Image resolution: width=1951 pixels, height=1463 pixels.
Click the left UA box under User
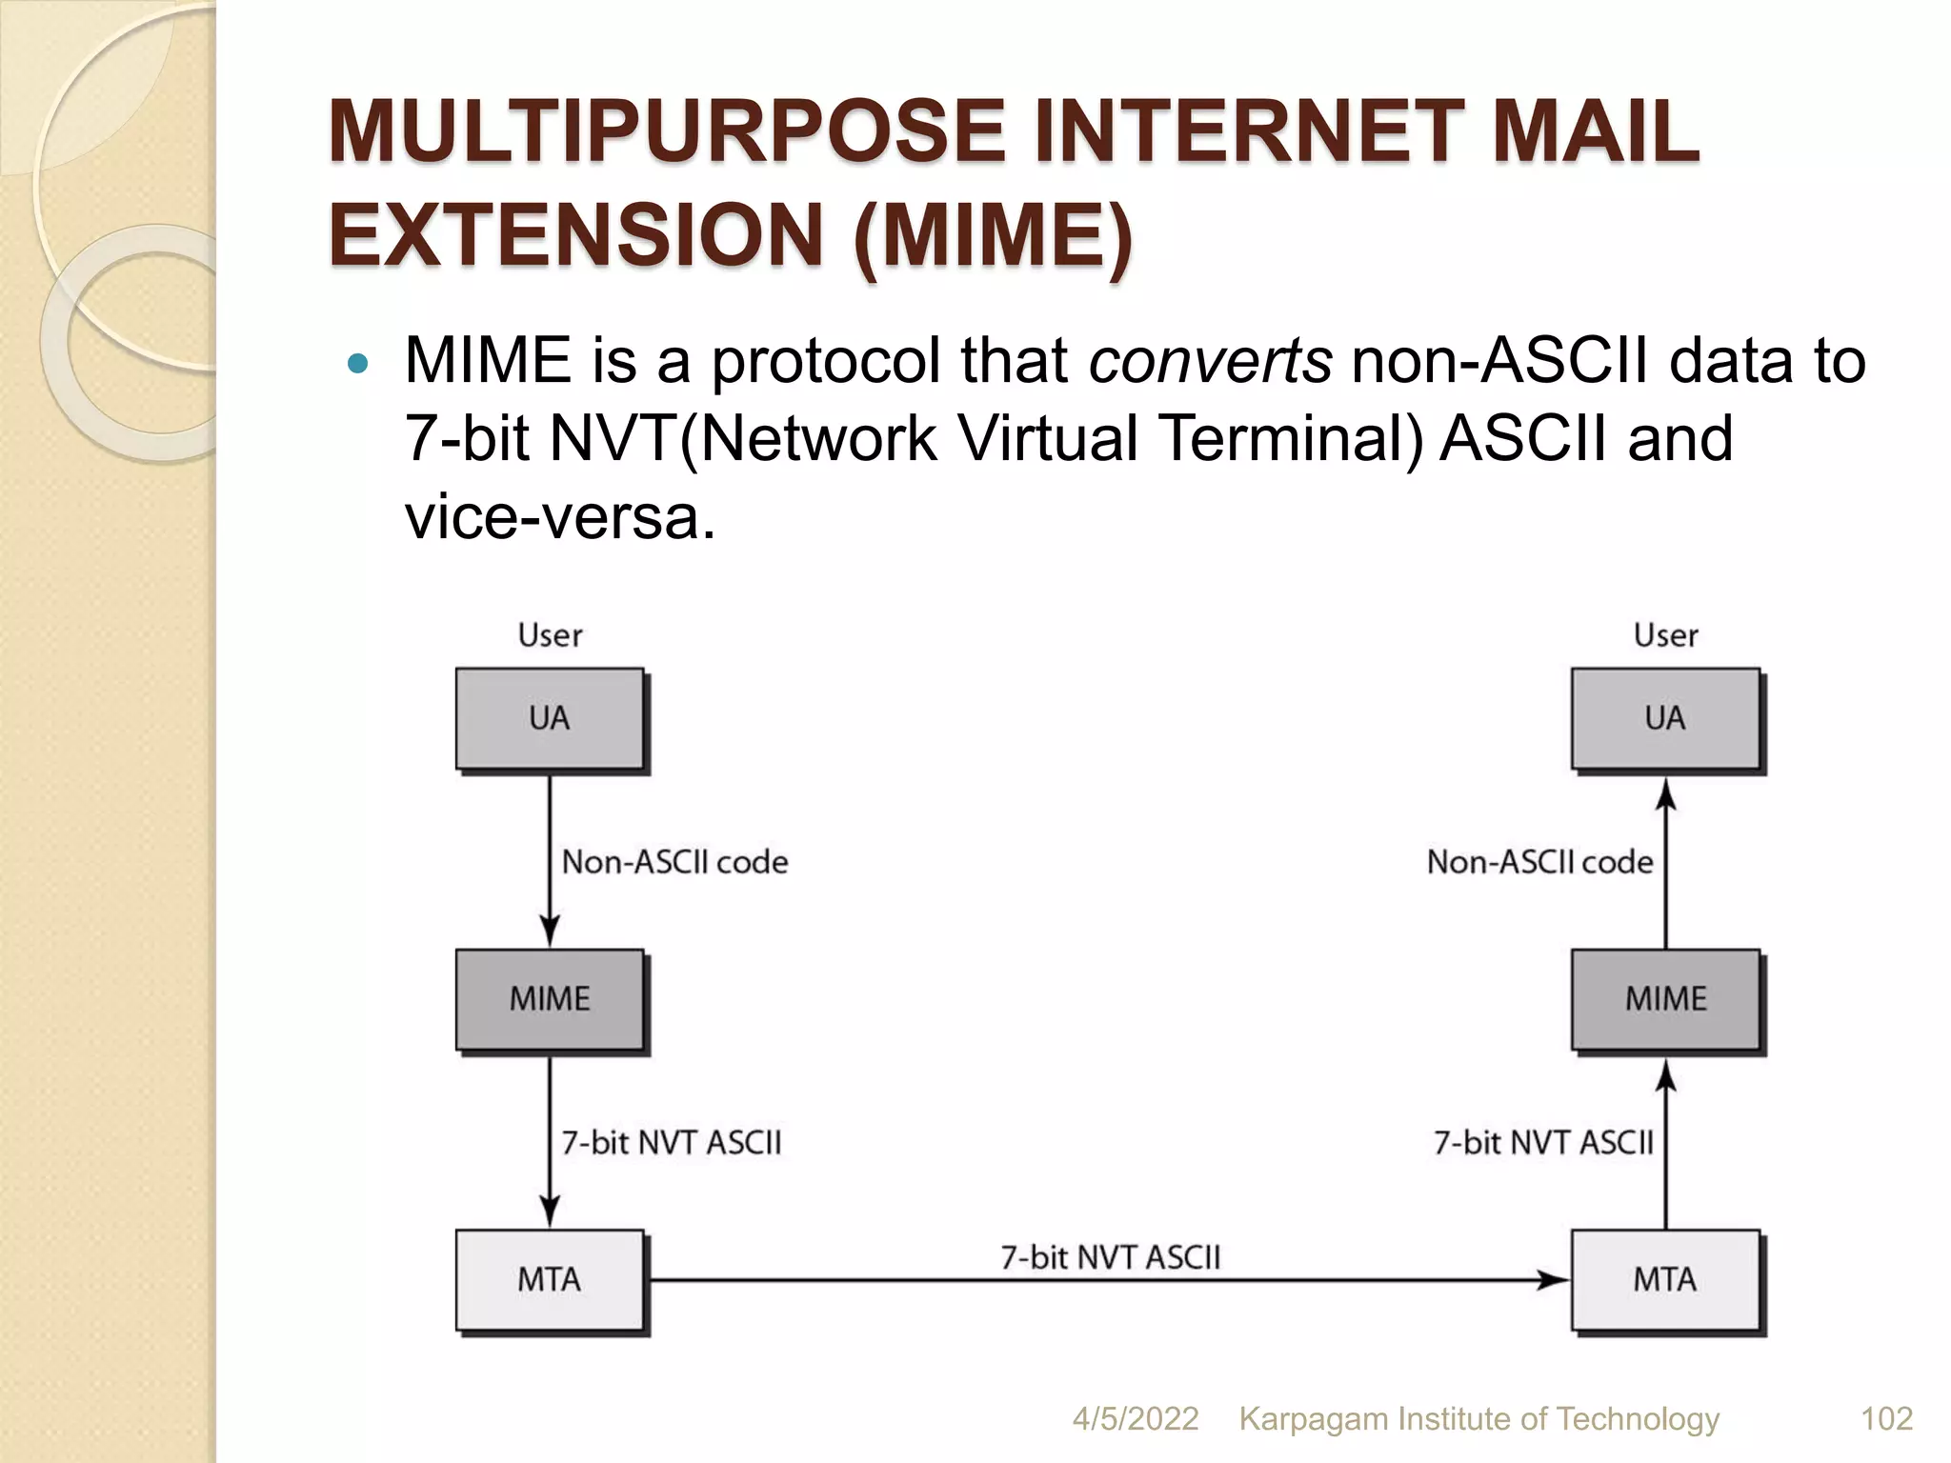[550, 718]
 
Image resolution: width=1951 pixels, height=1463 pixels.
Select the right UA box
[1664, 718]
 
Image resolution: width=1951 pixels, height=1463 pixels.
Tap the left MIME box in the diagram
[550, 999]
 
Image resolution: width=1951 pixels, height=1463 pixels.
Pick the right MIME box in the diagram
[1664, 999]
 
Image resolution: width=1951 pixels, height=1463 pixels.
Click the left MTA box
[550, 1279]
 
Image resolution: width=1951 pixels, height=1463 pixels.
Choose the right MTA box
[1664, 1279]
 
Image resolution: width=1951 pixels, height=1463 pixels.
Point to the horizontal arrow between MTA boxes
[1105, 1280]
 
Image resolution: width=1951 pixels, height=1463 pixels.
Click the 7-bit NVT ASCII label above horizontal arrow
[1110, 1257]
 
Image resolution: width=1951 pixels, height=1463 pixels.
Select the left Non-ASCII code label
[674, 862]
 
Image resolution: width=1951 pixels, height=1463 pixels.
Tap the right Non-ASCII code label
[1539, 862]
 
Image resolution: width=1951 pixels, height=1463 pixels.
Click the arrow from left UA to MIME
[550, 857]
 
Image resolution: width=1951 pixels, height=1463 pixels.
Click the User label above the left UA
[550, 635]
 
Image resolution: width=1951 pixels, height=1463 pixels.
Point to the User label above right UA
[1665, 635]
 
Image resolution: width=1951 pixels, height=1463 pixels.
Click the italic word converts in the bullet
[1210, 362]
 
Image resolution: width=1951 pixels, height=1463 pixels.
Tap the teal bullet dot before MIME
[357, 363]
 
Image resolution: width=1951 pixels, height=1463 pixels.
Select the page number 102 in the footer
[1886, 1418]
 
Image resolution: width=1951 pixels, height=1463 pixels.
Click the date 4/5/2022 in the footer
[1135, 1418]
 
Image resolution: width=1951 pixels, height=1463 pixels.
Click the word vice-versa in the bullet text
[559, 518]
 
